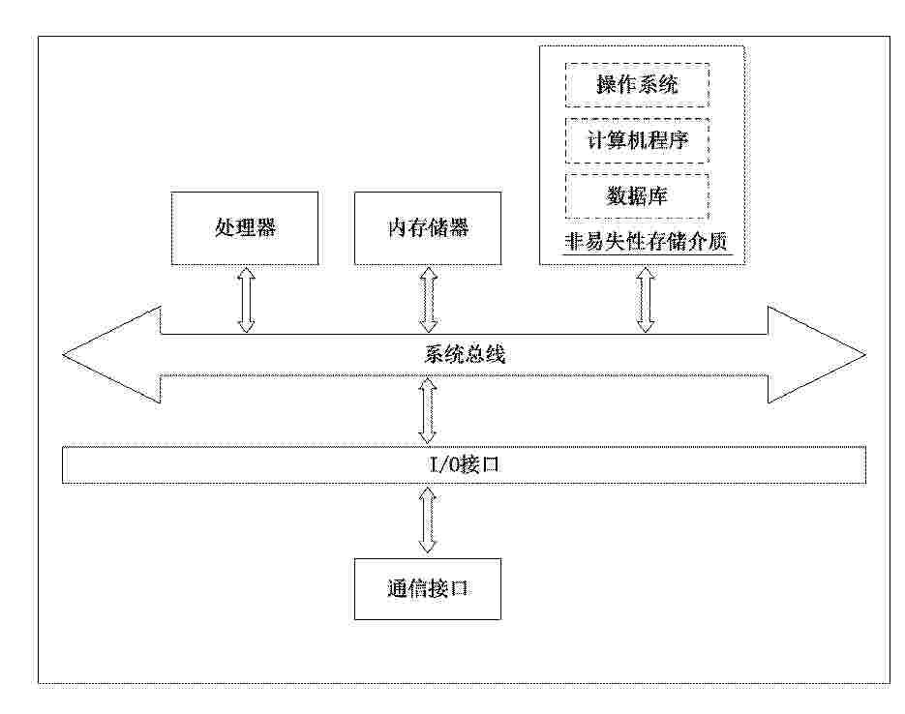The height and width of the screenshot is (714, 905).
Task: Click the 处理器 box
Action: coord(245,228)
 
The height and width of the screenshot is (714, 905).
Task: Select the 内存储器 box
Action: coord(428,228)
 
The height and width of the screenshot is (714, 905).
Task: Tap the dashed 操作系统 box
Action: coord(637,85)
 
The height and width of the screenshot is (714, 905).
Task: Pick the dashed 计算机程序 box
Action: coord(637,140)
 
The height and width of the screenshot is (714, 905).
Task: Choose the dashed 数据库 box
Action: coord(637,196)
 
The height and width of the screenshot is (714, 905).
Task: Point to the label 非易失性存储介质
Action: coord(646,243)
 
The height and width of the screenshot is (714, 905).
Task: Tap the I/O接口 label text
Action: coord(464,466)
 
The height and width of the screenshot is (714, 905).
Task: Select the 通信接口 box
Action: coord(428,588)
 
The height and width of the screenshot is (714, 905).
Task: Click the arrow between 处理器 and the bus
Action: coord(246,299)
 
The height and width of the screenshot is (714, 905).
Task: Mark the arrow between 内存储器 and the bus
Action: coord(429,299)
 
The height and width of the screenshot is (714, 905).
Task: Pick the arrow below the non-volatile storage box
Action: coord(646,299)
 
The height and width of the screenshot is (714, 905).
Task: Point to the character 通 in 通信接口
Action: coord(397,588)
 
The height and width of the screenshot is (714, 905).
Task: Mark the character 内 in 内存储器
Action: coord(397,228)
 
